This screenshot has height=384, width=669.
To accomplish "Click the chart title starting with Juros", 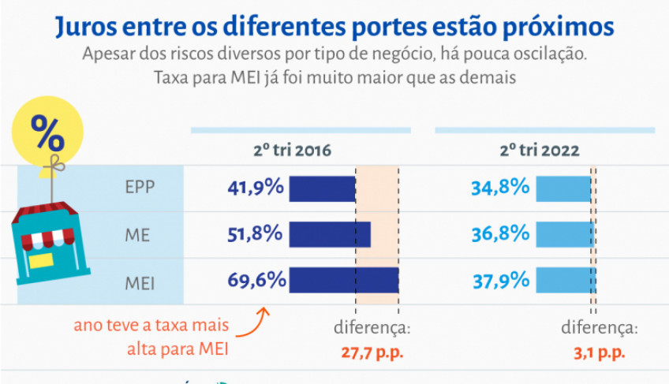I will [x=334, y=25].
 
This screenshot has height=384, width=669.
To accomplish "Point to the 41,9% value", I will [x=255, y=188].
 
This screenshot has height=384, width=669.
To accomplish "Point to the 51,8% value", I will [x=255, y=233].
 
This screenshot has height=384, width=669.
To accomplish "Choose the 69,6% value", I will [x=255, y=279].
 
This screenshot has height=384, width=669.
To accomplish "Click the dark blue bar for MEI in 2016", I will [x=343, y=280].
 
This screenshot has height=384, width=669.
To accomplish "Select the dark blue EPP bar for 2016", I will [x=322, y=188].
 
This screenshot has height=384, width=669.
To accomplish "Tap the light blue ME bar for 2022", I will [x=565, y=234].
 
